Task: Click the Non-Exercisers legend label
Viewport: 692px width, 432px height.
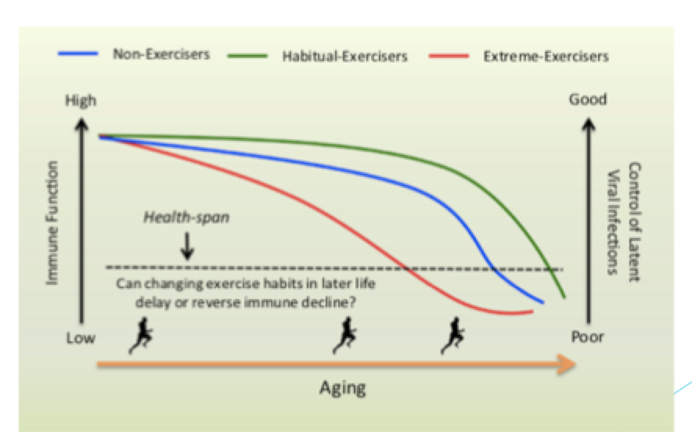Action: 161,54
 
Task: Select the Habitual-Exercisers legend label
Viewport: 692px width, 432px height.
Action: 344,56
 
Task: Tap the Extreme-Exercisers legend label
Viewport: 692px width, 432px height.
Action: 546,56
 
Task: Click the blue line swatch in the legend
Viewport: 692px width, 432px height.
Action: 77,53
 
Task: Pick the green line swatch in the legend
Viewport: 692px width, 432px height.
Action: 247,56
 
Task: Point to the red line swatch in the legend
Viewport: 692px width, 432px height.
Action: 449,56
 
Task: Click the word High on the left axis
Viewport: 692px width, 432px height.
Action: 81,101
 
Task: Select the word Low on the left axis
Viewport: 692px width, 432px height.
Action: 81,338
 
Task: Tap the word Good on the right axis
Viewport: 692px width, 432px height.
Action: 587,99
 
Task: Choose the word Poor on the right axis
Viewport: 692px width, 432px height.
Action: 587,337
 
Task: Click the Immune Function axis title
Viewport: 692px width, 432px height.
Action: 52,223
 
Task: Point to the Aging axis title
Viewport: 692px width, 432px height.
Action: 342,388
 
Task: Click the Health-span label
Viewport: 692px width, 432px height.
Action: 186,217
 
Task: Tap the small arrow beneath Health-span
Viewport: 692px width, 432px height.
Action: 187,246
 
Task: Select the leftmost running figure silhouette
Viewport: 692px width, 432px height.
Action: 141,336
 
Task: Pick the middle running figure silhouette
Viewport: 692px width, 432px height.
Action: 344,336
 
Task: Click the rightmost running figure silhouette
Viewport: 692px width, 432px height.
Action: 452,336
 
